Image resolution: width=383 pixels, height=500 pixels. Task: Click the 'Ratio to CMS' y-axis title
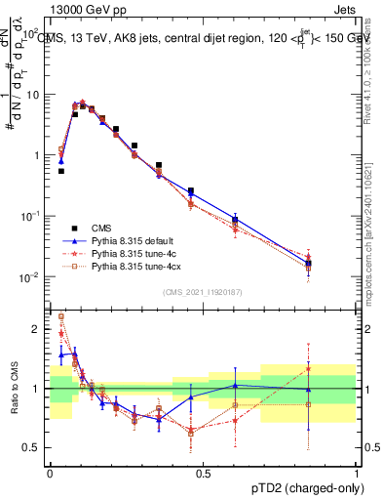pyautogui.click(x=14, y=389)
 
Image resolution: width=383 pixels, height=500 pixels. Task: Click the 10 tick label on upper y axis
pyautogui.click(x=33, y=96)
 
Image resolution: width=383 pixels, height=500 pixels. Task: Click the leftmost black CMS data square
pyautogui.click(x=61, y=171)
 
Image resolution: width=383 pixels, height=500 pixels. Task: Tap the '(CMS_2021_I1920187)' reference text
pyautogui.click(x=203, y=292)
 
